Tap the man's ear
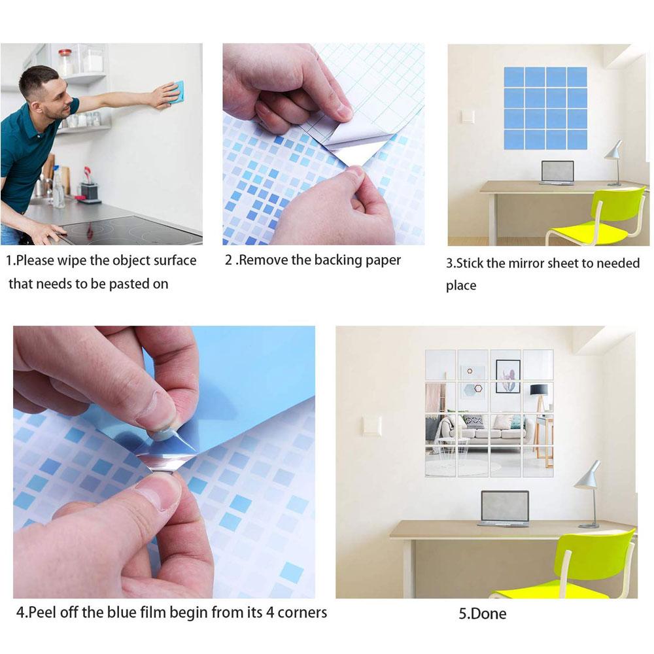tap(37, 99)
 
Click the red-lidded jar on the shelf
tap(65, 62)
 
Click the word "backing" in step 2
tap(338, 260)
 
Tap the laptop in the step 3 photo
tap(557, 172)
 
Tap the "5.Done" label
tap(483, 613)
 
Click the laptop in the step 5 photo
tap(505, 508)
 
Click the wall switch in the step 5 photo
tap(371, 425)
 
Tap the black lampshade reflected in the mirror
tap(538, 390)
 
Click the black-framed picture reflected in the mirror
tap(508, 376)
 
